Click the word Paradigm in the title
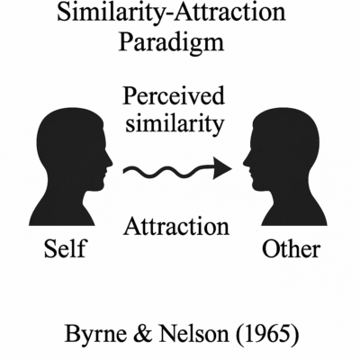coord(171,42)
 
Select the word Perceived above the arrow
coord(174,97)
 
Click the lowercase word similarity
coord(175,124)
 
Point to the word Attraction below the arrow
coord(176,226)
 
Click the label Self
coord(65,248)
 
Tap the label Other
coord(292,248)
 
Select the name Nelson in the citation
coord(194,334)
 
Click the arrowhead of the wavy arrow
coord(222,168)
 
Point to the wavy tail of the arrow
coord(168,172)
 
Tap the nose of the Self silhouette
coord(110,163)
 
